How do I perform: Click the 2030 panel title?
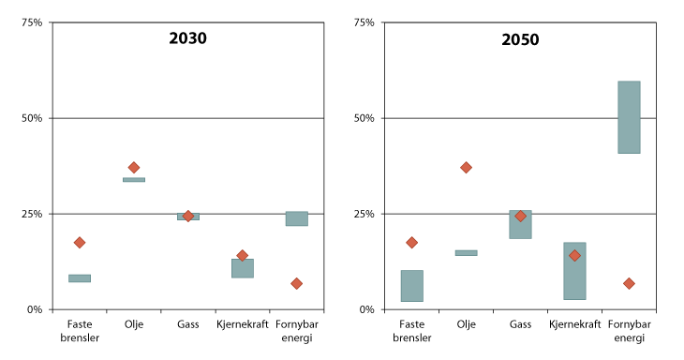pos(187,39)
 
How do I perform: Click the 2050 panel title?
pos(520,39)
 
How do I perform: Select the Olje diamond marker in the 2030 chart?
pos(134,168)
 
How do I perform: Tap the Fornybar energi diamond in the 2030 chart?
pos(296,283)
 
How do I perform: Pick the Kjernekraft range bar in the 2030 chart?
pos(242,268)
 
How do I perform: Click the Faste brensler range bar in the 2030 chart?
pos(80,278)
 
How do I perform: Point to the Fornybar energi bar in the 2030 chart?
pos(296,218)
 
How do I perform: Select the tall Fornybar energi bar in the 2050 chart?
pos(629,117)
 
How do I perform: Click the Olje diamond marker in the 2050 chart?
pos(466,168)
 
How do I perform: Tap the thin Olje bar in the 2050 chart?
pos(466,252)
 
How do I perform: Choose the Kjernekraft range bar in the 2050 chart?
pos(574,271)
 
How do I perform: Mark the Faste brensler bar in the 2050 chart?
pos(411,286)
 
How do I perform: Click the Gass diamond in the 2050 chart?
pos(520,217)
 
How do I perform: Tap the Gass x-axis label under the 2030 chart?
pos(187,324)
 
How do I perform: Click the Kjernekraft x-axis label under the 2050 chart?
pos(574,324)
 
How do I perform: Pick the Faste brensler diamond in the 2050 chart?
pos(411,243)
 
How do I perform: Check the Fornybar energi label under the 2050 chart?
pos(629,331)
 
